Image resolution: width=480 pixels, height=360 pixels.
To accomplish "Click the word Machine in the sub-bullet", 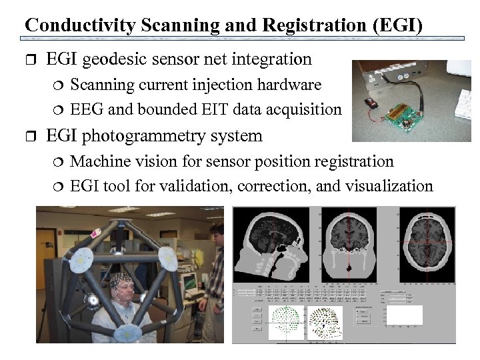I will coord(99,161).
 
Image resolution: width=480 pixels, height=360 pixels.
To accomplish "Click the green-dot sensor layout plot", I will coord(285,324).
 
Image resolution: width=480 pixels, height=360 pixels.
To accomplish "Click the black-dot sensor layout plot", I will coord(325,323).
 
